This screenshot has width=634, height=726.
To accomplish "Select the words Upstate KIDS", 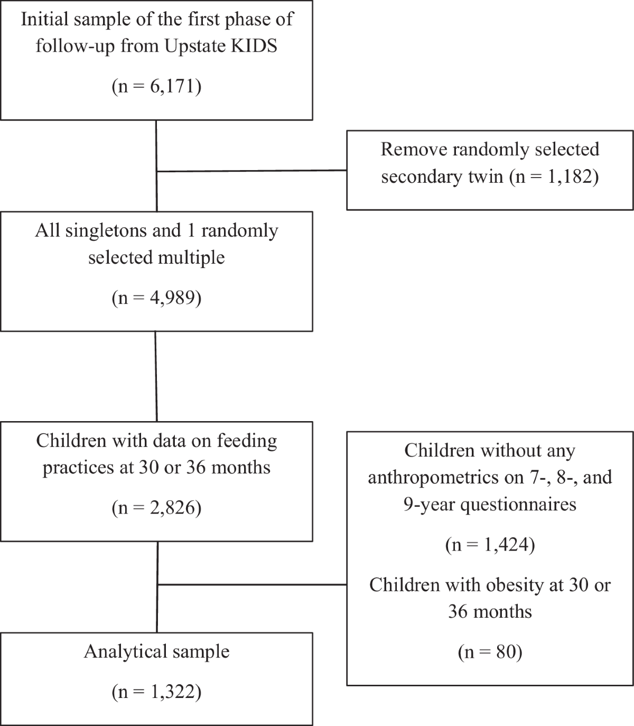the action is pos(221,46).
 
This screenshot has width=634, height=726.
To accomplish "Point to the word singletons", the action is pos(123,231).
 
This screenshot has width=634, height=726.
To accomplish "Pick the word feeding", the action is pos(247,441).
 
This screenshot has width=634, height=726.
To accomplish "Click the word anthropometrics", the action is pos(446,478).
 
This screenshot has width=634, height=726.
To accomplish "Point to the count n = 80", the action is pos(490,652).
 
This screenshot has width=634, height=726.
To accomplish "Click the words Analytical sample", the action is pos(156,651).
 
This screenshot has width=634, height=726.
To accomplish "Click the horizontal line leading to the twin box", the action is pos(251,171).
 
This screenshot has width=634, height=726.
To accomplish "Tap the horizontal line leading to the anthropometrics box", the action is pos(252,584).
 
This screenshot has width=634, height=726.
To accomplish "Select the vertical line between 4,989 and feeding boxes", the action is pos(156,377).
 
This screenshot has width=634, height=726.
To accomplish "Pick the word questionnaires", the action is pos(518,505).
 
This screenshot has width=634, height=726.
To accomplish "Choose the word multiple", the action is pos(192,258).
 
